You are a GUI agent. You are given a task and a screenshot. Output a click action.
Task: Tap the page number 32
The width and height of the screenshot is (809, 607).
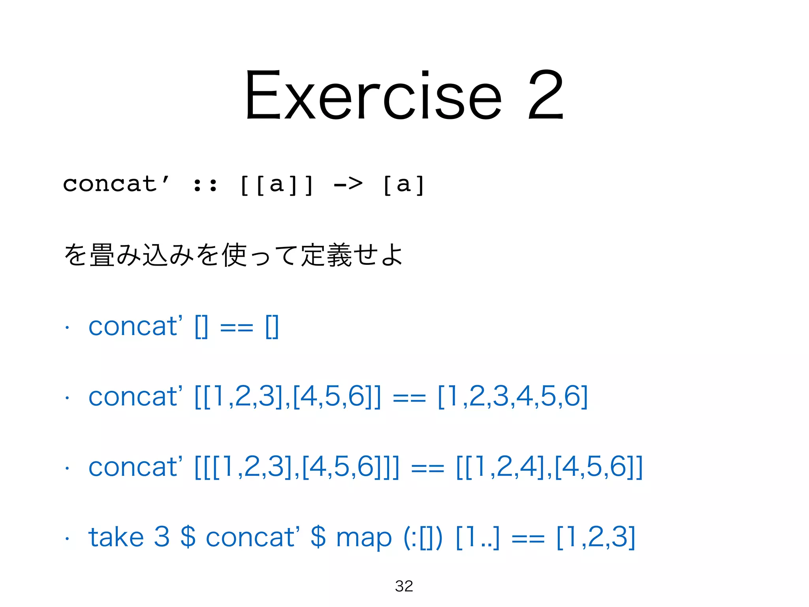[404, 586]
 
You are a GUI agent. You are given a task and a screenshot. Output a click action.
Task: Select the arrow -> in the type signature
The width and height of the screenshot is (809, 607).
[348, 184]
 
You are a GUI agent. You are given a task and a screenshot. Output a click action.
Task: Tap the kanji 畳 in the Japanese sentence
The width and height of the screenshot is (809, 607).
[102, 255]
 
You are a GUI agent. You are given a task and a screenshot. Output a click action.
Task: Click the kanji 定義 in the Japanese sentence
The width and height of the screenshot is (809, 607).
[326, 255]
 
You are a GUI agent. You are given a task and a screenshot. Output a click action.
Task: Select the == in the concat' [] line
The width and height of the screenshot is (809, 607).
[236, 327]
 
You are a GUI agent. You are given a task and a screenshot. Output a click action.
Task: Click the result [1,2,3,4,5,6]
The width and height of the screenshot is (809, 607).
[513, 396]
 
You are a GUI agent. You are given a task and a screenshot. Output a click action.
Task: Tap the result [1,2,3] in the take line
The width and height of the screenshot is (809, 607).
[596, 537]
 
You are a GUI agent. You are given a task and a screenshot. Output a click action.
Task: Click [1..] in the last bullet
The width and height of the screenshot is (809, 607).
[478, 537]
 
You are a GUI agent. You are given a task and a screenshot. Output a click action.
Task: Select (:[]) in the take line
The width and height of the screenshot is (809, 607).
[423, 538]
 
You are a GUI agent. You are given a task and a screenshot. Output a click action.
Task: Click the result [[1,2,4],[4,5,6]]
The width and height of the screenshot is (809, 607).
[549, 467]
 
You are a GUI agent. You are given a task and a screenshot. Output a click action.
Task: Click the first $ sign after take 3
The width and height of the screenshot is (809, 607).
[188, 537]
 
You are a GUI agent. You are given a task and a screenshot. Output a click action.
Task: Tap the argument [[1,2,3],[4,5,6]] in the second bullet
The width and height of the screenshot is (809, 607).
[288, 396]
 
